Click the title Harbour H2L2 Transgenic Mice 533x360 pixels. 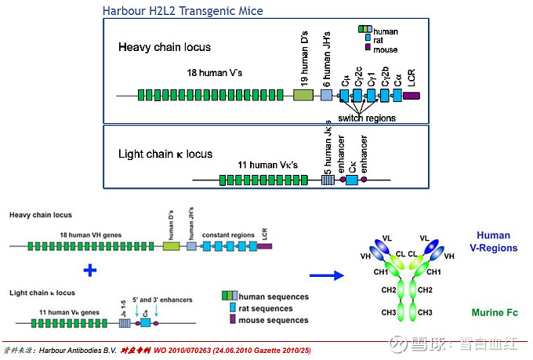[x=183, y=11]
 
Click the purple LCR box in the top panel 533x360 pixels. [x=412, y=96]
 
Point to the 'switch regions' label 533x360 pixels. [x=367, y=118]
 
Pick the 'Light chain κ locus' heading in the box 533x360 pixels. [x=165, y=154]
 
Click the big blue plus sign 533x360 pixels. [x=90, y=271]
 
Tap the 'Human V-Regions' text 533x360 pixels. [x=492, y=242]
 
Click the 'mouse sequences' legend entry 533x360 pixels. [x=274, y=320]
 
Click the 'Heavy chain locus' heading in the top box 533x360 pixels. [x=165, y=47]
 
